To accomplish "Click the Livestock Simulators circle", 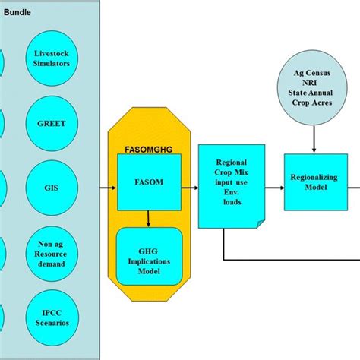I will [x=52, y=58].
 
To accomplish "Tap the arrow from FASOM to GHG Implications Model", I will [x=149, y=219].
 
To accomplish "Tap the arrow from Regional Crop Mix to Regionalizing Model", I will [x=273, y=182].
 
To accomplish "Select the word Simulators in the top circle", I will [x=52, y=64].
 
